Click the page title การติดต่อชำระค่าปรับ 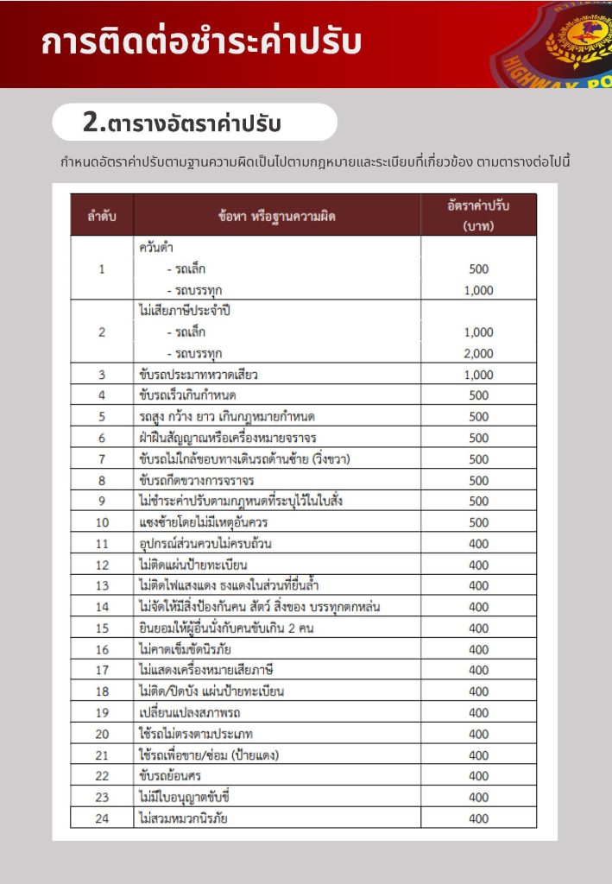click(200, 43)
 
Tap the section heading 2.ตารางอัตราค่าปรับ click(182, 123)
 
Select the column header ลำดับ click(102, 216)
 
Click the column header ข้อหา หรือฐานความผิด click(276, 216)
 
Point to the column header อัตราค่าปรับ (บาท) click(478, 215)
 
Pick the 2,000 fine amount click(478, 353)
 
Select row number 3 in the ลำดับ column click(102, 375)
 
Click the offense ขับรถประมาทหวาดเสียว click(199, 375)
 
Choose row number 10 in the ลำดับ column click(102, 522)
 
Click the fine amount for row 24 click(478, 818)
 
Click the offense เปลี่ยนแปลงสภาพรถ click(190, 713)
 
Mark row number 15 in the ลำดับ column click(102, 628)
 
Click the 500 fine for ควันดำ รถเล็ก click(478, 268)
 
